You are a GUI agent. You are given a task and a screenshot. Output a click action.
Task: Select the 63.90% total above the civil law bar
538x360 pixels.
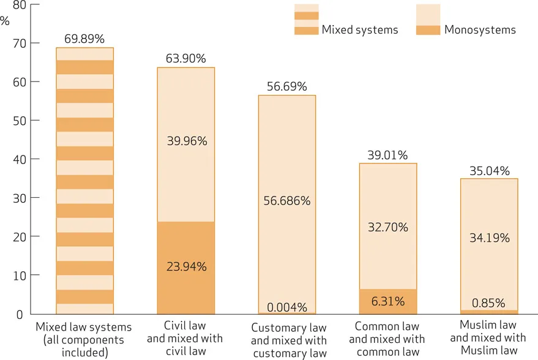[185, 59]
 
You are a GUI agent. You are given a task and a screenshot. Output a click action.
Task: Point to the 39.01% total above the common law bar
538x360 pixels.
[387, 155]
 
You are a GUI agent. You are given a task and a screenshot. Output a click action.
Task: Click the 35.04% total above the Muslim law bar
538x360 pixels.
[489, 171]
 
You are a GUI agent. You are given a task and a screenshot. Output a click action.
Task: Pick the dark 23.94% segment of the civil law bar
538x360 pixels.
[186, 267]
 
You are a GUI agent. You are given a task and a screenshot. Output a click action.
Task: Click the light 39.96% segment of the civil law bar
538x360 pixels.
[186, 141]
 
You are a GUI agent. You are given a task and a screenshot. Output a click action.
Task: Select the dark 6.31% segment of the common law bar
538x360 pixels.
[388, 301]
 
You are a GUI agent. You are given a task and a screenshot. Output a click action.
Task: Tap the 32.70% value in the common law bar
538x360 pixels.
[388, 228]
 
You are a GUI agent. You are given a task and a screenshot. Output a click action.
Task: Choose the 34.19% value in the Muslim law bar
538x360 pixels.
[489, 238]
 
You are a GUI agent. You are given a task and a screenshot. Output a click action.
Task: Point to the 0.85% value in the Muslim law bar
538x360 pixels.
[489, 303]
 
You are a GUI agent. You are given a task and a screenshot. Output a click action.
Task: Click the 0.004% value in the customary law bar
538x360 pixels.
[287, 307]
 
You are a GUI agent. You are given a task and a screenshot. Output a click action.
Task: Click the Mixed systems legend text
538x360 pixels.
[360, 29]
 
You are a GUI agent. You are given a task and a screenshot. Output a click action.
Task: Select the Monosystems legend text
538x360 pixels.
[480, 29]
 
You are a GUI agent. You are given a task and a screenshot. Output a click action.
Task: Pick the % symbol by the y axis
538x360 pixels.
[6, 20]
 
